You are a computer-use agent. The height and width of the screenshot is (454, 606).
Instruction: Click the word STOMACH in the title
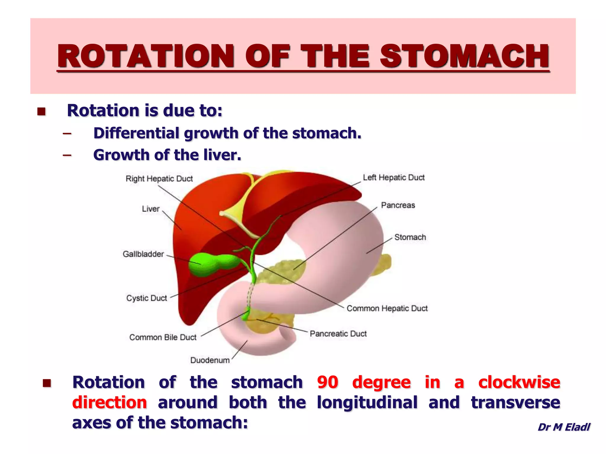[x=465, y=56]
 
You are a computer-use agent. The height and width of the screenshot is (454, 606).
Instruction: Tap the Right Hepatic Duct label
[x=159, y=179]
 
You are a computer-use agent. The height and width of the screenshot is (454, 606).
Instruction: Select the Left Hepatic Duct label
[x=394, y=177]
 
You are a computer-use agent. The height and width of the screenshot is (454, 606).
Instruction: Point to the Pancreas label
[x=398, y=205]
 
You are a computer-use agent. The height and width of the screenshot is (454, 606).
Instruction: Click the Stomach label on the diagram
[x=410, y=237]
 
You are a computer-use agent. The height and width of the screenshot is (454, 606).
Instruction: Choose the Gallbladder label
[x=143, y=254]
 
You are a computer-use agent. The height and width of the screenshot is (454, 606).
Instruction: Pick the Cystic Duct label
[x=146, y=298]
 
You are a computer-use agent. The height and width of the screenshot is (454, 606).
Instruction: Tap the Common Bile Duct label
[x=163, y=337]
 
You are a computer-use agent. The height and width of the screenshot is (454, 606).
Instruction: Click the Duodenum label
[x=210, y=360]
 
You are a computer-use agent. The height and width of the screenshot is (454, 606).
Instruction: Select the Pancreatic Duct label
[x=338, y=334]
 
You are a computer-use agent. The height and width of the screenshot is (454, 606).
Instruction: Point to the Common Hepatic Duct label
[x=387, y=308]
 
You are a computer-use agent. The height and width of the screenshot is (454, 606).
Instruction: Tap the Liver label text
[x=151, y=209]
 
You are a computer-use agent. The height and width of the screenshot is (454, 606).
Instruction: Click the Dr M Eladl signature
[x=564, y=427]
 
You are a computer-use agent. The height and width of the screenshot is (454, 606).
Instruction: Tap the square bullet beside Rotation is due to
[x=41, y=111]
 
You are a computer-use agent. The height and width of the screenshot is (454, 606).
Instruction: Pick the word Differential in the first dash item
[x=136, y=133]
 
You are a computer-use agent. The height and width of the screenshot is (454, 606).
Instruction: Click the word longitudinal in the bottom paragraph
[x=367, y=402]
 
